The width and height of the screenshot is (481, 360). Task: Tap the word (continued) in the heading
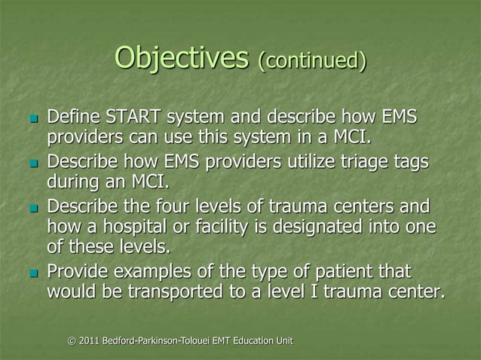312,60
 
